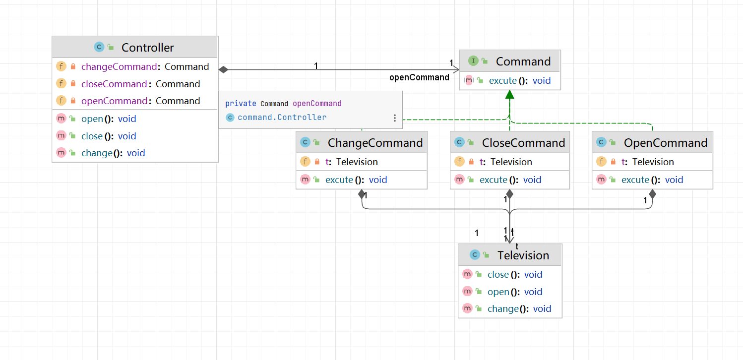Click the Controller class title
[x=147, y=48]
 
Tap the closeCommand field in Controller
[x=140, y=84]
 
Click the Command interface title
[x=523, y=61]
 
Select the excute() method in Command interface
[x=519, y=81]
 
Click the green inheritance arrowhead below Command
[x=509, y=95]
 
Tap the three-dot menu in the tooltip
[x=395, y=118]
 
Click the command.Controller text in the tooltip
[x=282, y=118]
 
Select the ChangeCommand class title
[x=375, y=143]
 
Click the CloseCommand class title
[x=523, y=143]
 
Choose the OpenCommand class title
[x=665, y=143]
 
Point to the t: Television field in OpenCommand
[x=653, y=162]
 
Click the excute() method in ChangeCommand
[x=356, y=180]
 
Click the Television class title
[x=523, y=255]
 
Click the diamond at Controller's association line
[x=223, y=70]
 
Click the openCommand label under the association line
[x=419, y=77]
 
